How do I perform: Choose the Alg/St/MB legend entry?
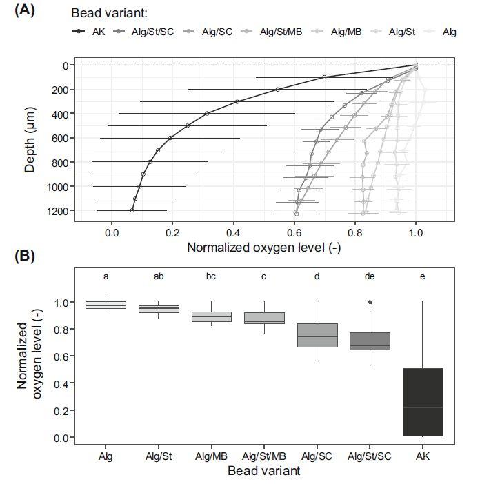tap(279, 32)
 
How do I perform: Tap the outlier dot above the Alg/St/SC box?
tap(370, 302)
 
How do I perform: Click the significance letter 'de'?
tap(370, 276)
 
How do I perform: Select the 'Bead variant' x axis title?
tap(263, 471)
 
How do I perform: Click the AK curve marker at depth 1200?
tap(132, 210)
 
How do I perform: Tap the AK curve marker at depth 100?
tap(324, 77)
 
